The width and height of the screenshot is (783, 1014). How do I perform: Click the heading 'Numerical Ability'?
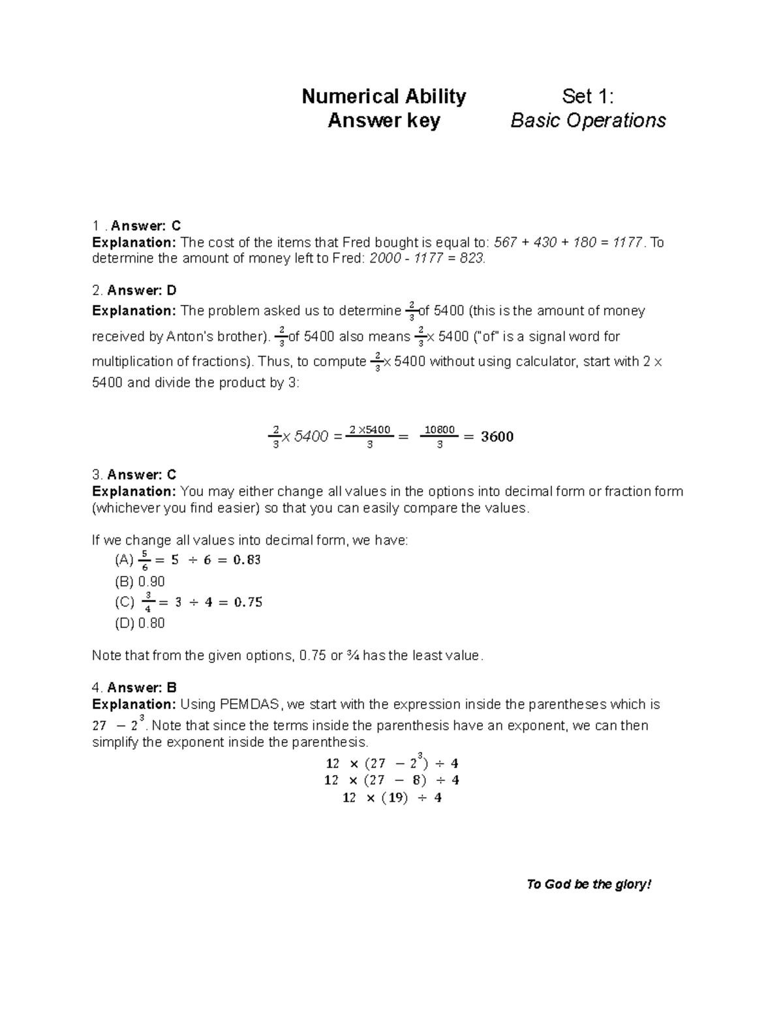click(384, 97)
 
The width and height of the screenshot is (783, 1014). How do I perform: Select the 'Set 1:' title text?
click(588, 97)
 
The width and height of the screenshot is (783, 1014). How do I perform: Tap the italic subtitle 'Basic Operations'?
click(588, 121)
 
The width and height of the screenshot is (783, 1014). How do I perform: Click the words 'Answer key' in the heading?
click(384, 121)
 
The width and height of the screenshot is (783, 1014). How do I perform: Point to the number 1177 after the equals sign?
click(628, 242)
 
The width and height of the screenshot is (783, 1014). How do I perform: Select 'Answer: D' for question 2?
click(142, 290)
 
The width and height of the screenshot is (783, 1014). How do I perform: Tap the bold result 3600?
click(497, 437)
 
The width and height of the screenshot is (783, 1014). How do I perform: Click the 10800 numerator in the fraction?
click(439, 430)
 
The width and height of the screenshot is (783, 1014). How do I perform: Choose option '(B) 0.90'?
click(140, 581)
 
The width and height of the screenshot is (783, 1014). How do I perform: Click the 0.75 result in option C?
click(248, 602)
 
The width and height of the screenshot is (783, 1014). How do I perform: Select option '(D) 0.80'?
click(140, 623)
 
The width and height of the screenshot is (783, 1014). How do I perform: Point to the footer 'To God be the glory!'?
click(589, 884)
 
